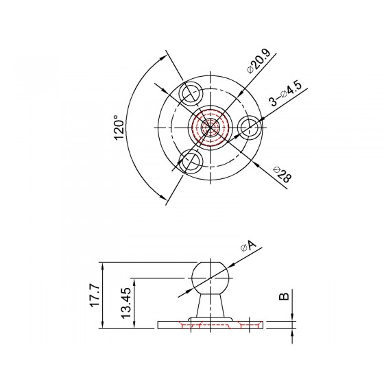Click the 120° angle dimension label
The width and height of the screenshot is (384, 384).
click(119, 128)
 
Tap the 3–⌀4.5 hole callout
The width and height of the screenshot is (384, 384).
click(285, 94)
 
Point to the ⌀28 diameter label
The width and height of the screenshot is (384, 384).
click(283, 175)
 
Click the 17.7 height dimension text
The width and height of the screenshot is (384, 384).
click(95, 295)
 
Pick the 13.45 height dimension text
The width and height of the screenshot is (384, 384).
click(126, 303)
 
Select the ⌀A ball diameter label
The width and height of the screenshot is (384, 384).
click(248, 246)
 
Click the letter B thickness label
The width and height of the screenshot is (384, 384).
click(284, 296)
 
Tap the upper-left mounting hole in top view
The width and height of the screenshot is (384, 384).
click(191, 93)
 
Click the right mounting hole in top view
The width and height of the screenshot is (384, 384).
click(250, 128)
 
